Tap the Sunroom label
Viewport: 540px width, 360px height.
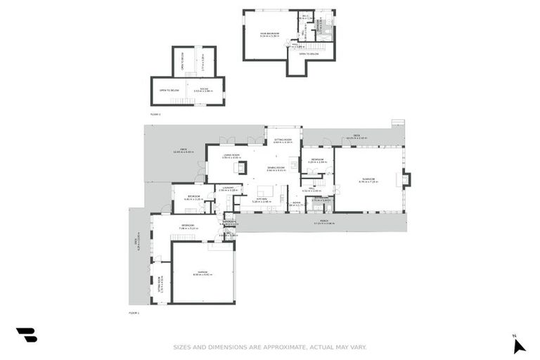click(x=369, y=180)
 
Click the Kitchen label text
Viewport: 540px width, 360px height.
click(x=261, y=200)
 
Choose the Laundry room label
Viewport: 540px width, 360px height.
click(x=227, y=188)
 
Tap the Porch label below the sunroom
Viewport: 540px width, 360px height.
click(x=324, y=223)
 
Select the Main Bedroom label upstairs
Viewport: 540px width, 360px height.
click(x=269, y=34)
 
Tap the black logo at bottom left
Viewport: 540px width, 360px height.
click(x=26, y=335)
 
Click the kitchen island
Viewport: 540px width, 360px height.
click(x=265, y=191)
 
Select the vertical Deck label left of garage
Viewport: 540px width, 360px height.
click(x=139, y=243)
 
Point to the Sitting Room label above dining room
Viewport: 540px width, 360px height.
click(x=283, y=141)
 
